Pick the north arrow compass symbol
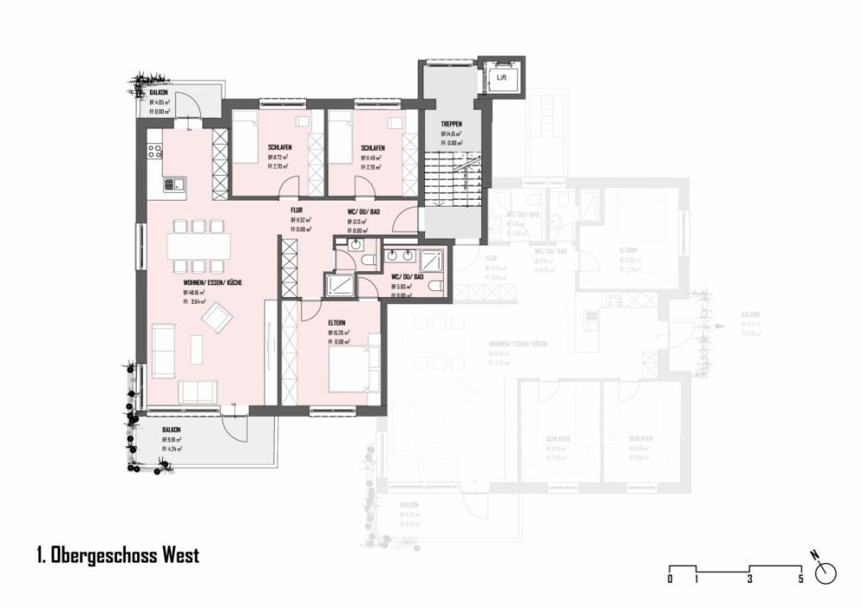click(828, 571)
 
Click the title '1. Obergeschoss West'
click(118, 555)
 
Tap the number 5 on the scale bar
click(802, 580)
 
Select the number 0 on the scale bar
click(670, 580)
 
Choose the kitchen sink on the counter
click(174, 183)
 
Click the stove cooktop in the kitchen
click(154, 152)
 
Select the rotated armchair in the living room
click(216, 320)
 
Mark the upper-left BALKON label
click(159, 92)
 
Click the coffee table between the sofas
click(197, 349)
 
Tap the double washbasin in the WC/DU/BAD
click(403, 256)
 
